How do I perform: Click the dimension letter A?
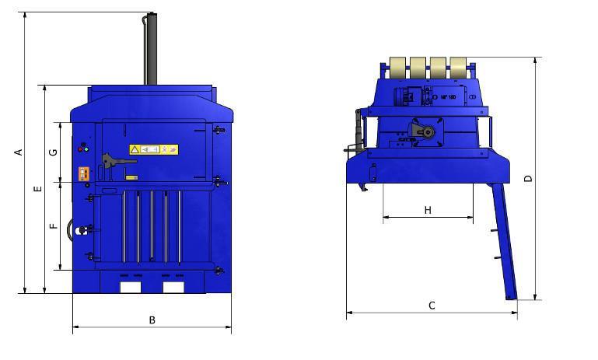[x=18, y=152]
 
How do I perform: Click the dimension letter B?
[x=152, y=320]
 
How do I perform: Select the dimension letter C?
[x=432, y=306]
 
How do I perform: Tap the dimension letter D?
[x=529, y=178]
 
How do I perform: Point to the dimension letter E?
[x=37, y=189]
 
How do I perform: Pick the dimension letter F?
[x=53, y=226]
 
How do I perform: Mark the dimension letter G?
[x=53, y=152]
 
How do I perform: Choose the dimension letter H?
[x=428, y=210]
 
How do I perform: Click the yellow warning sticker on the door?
[x=154, y=149]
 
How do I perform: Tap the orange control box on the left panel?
[x=83, y=174]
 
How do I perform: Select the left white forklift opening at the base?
[x=130, y=286]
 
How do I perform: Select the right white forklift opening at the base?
[x=173, y=286]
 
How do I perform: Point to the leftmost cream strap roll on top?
[x=398, y=68]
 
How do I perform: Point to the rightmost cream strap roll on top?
[x=459, y=68]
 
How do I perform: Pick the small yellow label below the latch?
[x=131, y=178]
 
